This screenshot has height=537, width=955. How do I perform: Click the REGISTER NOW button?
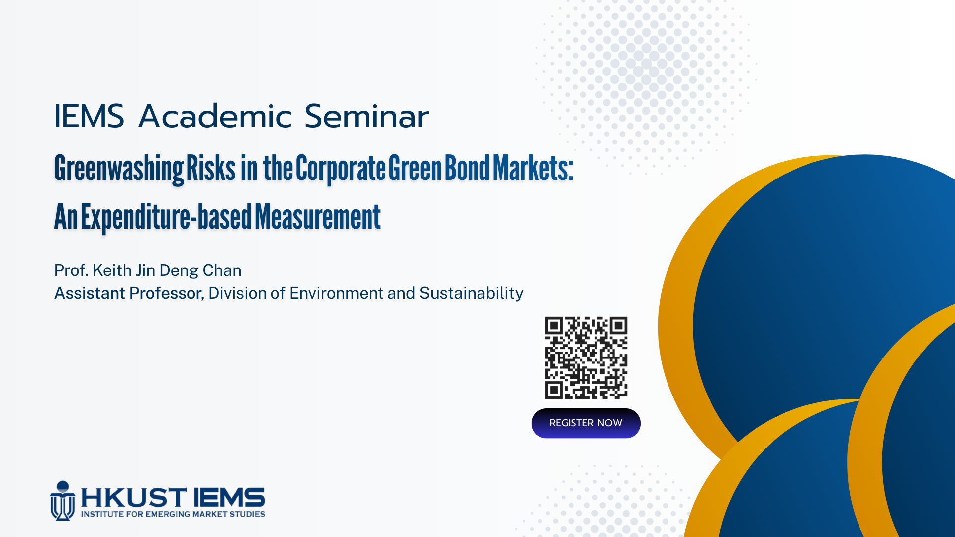(586, 423)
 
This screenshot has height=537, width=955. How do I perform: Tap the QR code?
(586, 358)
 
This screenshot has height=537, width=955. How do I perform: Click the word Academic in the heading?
(215, 116)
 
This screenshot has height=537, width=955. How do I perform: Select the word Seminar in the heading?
(367, 116)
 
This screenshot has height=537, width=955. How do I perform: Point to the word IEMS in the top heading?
(89, 116)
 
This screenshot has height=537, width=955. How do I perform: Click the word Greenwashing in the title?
(119, 169)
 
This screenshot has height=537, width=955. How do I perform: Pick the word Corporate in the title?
(341, 169)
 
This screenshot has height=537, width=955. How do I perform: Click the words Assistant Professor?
(129, 293)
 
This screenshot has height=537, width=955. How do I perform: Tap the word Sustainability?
(472, 293)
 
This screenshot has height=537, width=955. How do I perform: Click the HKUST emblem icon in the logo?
(63, 501)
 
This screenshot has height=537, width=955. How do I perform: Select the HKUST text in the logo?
(134, 498)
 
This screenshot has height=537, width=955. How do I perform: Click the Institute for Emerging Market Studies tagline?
(173, 514)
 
